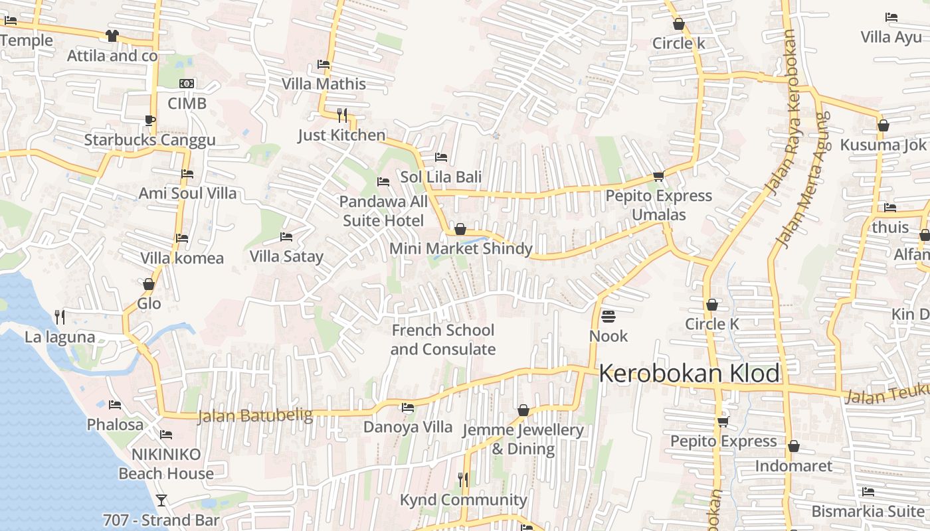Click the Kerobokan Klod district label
point(689,374)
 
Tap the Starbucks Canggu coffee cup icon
point(149,120)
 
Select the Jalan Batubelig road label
point(255,416)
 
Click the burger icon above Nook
point(608,316)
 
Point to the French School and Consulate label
point(442,340)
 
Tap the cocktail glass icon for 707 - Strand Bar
point(161,500)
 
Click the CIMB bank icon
point(187,84)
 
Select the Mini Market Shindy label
point(460,249)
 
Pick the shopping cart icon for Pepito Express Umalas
point(658,176)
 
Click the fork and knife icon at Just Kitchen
point(341,115)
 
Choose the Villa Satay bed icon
point(286,236)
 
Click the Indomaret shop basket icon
point(793,446)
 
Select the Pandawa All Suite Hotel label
point(383,210)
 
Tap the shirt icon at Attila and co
point(112,36)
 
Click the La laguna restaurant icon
point(60,317)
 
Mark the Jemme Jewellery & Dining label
point(523,439)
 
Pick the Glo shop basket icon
point(149,284)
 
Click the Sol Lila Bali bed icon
point(440,157)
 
